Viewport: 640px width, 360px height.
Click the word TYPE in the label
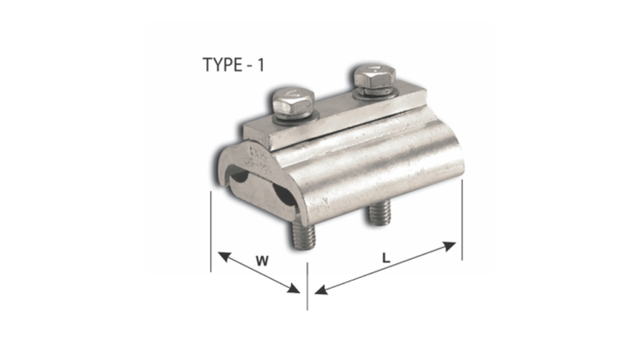click(222, 65)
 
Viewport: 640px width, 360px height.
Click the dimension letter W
click(262, 261)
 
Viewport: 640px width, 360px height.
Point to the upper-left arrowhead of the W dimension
click(222, 256)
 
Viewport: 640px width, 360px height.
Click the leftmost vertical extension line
click(211, 231)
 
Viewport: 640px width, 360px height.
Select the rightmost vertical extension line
click(462, 219)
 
